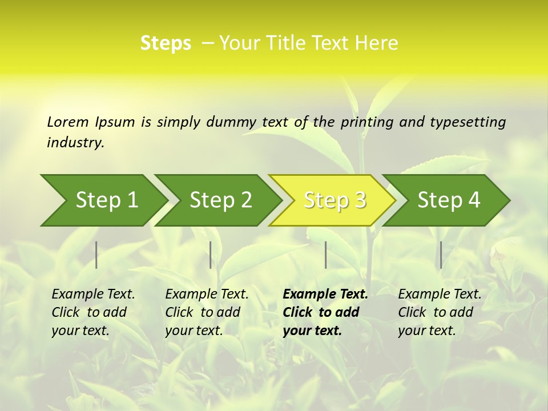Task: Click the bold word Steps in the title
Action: coord(166,43)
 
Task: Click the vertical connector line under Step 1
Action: coord(96,255)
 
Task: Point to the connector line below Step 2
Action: coord(211,255)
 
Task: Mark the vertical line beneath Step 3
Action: coord(325,255)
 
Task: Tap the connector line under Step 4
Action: coord(441,255)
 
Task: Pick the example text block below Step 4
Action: coord(440,312)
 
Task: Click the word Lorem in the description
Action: coord(68,122)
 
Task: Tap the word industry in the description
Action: coord(75,143)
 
